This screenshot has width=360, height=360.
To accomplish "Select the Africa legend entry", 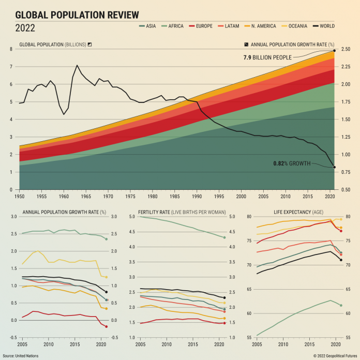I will tap(172, 26).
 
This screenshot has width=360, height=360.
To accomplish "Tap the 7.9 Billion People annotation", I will tap(267, 57).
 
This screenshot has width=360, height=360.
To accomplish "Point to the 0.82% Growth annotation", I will tap(292, 163).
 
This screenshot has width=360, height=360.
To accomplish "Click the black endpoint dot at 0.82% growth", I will tap(334, 167).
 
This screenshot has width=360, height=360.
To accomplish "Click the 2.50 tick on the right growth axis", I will tap(346, 50).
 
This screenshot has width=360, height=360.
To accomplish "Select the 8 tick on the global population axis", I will tap(11, 50).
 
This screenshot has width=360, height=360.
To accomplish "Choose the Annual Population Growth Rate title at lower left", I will tap(64, 212).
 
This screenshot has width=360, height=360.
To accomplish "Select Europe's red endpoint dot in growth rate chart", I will tap(106, 326).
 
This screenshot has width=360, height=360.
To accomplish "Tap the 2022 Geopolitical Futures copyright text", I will tap(335, 355).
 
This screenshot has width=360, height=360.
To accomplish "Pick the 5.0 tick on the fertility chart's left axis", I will tap(132, 217).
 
